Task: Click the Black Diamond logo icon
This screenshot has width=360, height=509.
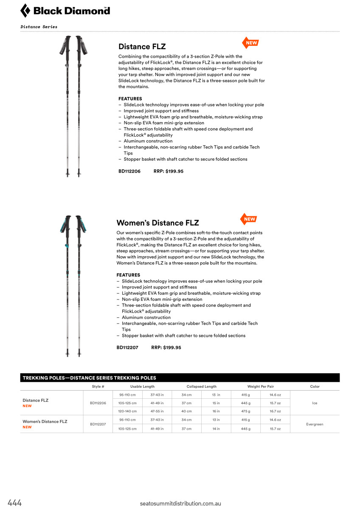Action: click(x=25, y=11)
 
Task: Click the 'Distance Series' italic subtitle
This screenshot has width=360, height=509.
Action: click(x=39, y=27)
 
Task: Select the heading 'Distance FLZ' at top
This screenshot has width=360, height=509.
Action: click(x=142, y=47)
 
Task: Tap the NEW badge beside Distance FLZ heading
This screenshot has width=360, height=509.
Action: click(x=250, y=43)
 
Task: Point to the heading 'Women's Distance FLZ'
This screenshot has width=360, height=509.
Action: click(x=157, y=223)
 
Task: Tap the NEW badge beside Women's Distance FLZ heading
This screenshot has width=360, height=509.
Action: click(x=249, y=219)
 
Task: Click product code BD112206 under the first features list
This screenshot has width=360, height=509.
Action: click(x=129, y=171)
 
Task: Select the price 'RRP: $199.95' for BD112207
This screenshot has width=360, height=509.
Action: click(x=166, y=347)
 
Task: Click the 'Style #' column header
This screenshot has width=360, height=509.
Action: click(x=98, y=386)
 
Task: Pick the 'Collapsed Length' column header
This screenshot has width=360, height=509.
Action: click(x=202, y=386)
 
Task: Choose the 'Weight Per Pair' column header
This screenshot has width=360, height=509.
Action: click(x=261, y=386)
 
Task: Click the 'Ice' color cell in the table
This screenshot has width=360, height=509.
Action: click(x=315, y=403)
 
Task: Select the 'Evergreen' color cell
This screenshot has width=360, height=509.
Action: click(x=315, y=424)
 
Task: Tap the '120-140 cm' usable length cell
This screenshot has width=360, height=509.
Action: click(x=127, y=411)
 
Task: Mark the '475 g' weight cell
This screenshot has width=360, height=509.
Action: click(x=246, y=411)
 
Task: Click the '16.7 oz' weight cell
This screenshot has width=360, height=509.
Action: click(x=276, y=411)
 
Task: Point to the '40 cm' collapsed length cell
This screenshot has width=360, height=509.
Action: click(x=186, y=411)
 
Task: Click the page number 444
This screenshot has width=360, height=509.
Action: click(x=14, y=503)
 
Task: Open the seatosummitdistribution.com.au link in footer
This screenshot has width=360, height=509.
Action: click(x=180, y=503)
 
